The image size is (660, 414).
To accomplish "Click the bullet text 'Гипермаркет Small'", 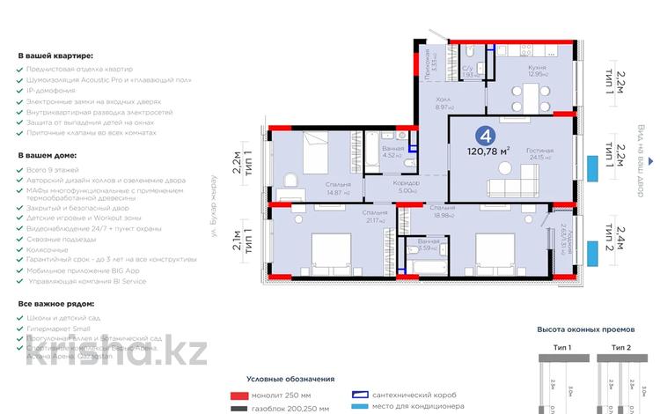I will [62, 327].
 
